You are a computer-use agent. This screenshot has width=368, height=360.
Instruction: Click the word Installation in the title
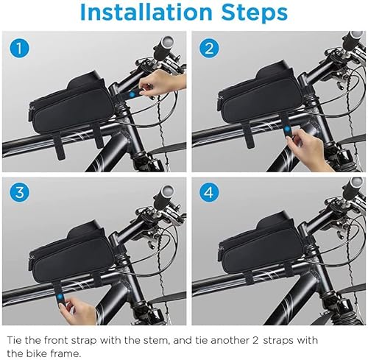(146, 12)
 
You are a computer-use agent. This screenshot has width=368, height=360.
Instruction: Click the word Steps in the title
(255, 13)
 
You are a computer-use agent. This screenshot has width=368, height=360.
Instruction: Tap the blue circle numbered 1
(19, 49)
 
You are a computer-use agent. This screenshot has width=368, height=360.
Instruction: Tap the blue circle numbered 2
(209, 49)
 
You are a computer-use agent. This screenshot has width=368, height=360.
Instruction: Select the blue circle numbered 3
(19, 192)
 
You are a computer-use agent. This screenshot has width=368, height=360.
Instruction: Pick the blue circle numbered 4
(209, 192)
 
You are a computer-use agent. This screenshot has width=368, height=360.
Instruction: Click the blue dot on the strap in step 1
(132, 94)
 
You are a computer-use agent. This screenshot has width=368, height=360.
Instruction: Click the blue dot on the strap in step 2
(286, 128)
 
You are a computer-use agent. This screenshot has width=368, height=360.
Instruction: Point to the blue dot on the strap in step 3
(60, 297)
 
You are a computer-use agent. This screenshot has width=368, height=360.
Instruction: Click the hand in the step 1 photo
(162, 82)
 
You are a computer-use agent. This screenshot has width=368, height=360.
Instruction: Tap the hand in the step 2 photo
(309, 149)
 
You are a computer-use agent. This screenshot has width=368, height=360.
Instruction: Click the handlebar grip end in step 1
(167, 40)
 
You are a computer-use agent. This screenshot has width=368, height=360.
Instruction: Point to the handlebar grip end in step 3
(167, 190)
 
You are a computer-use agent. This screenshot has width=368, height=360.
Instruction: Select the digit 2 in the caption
(255, 341)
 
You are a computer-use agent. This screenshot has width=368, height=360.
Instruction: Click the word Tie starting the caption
(15, 340)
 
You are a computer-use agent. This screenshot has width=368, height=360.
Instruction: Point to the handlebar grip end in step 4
(356, 183)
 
